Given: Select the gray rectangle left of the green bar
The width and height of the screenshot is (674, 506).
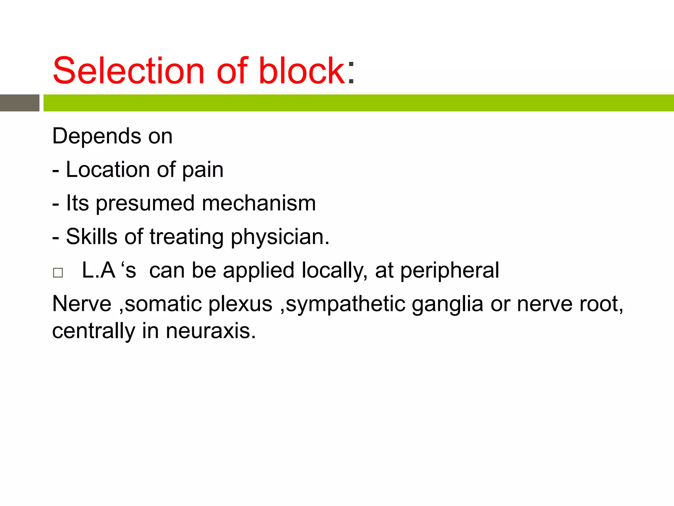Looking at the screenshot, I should click(19, 103).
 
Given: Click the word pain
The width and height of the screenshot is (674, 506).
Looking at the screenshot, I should click(203, 170).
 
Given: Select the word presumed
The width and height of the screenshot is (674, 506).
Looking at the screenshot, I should click(145, 204).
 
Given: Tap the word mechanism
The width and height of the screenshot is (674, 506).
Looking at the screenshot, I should click(259, 203).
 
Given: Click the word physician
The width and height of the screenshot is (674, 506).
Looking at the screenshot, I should click(279, 237).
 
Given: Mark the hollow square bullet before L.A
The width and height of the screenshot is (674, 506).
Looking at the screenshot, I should click(58, 273).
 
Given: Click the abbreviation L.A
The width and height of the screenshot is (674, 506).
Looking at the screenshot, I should click(98, 270).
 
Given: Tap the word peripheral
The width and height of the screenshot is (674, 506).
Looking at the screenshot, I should click(450, 271).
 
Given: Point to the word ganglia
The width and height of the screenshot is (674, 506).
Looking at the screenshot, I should click(448, 304).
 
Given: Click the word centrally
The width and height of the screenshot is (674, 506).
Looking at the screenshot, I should click(94, 331).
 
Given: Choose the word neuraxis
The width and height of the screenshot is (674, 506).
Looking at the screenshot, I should click(211, 331).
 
